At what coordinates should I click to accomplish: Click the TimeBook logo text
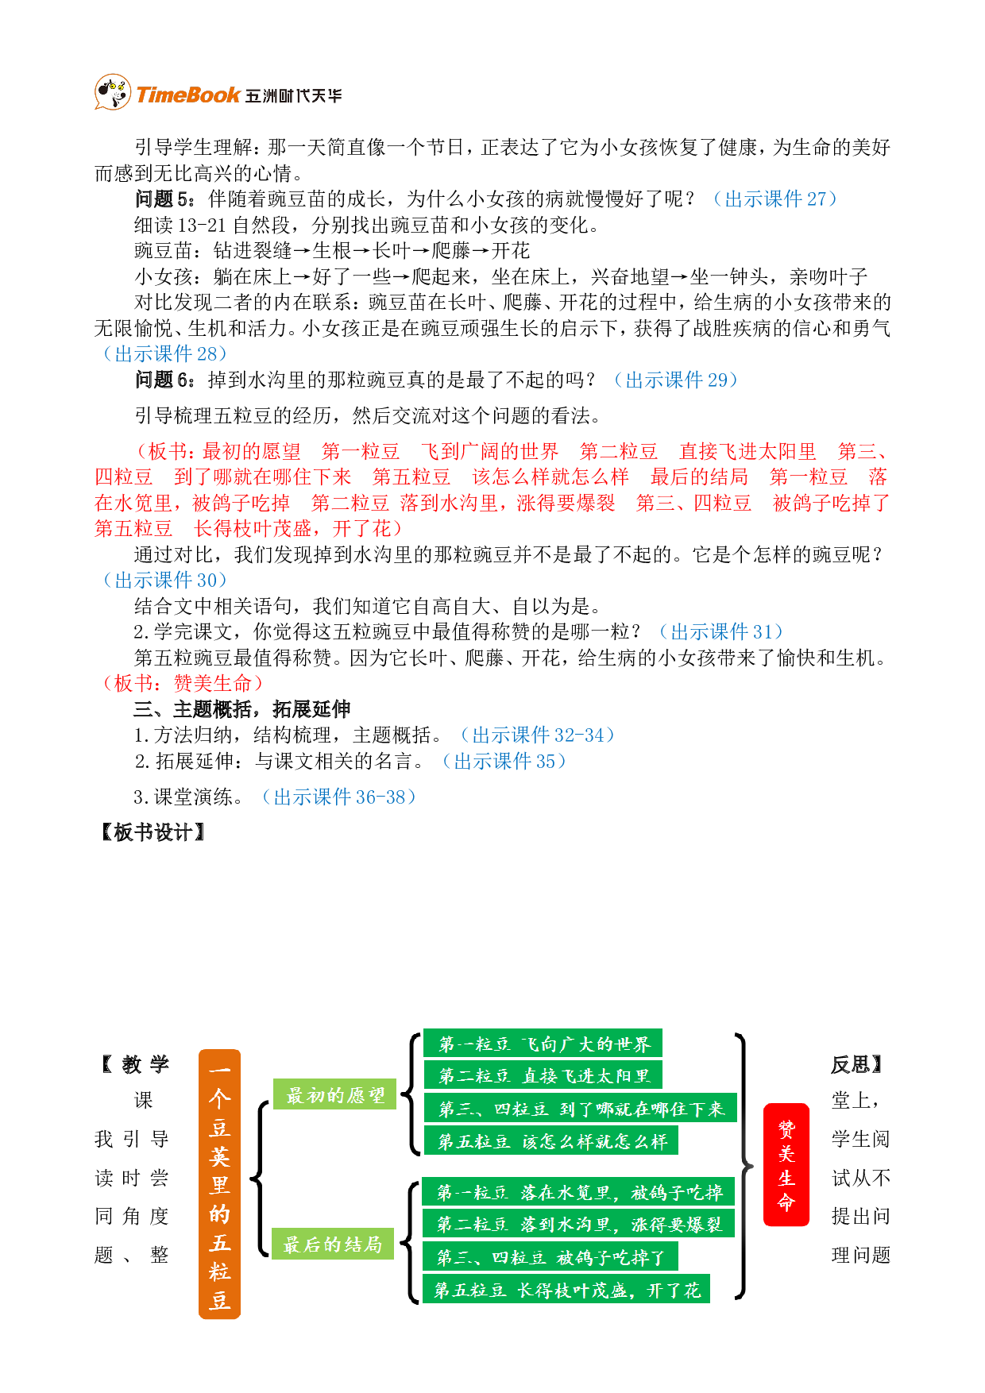tap(188, 95)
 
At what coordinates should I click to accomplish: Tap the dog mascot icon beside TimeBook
tap(112, 92)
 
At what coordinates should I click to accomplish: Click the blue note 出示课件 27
tap(775, 199)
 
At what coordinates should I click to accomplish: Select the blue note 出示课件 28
tap(165, 353)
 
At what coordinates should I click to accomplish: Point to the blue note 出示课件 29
tap(676, 380)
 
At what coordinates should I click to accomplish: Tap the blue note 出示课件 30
tap(165, 580)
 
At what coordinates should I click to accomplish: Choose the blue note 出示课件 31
tap(721, 631)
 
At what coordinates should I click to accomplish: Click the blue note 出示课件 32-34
tap(538, 735)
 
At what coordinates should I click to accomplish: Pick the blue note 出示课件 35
tap(504, 761)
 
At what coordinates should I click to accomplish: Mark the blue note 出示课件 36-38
tap(339, 797)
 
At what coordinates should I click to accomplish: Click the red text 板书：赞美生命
tap(183, 683)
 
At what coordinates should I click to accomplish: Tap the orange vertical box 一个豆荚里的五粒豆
tap(219, 1184)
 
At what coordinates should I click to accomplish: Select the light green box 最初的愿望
tap(334, 1095)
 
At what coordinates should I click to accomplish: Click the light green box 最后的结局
tap(333, 1244)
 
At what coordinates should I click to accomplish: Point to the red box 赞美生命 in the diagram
tap(786, 1165)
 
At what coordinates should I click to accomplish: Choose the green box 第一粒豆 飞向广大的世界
tap(543, 1044)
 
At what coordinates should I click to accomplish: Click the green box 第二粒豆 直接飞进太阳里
tap(543, 1075)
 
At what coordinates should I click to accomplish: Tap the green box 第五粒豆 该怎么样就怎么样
tap(551, 1141)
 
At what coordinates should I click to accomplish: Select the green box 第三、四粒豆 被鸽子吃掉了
tap(550, 1257)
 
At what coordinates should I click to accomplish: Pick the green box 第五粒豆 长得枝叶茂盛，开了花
tap(566, 1290)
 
